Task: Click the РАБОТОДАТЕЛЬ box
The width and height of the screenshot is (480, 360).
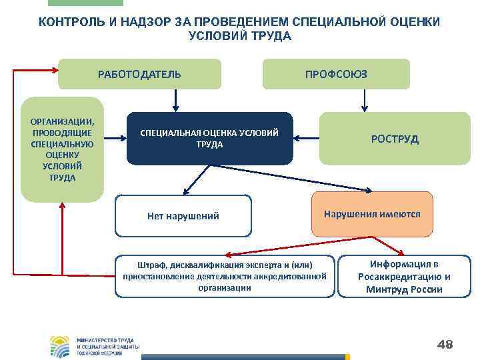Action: (x=139, y=74)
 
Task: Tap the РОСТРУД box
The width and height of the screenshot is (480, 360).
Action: (x=395, y=139)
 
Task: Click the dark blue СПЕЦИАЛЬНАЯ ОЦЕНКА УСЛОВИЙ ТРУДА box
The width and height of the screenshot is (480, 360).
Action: (x=209, y=139)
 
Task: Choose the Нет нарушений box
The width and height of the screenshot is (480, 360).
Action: (x=183, y=216)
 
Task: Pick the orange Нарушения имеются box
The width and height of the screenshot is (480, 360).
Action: (x=372, y=215)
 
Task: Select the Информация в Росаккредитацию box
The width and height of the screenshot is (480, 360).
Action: (x=404, y=276)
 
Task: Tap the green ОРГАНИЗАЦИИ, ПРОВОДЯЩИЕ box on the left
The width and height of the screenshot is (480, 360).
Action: (x=63, y=149)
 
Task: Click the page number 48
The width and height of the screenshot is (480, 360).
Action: (x=444, y=344)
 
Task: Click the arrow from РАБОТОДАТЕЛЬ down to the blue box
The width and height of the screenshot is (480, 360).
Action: (x=175, y=100)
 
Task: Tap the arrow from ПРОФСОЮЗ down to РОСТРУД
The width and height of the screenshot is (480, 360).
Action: (x=364, y=100)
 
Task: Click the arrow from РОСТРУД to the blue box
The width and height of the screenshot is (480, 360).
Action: (x=307, y=139)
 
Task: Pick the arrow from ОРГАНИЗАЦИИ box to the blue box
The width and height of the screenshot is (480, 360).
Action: (x=115, y=139)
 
